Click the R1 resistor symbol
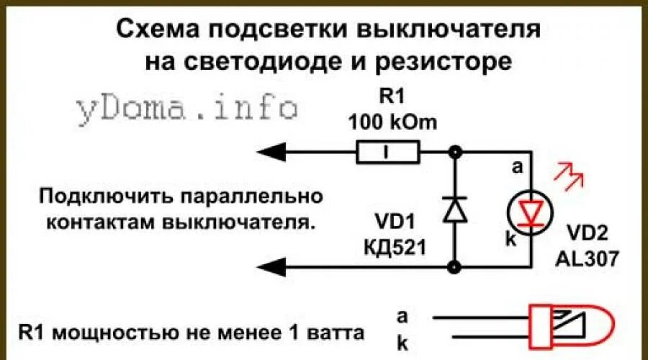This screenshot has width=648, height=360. click(388, 152)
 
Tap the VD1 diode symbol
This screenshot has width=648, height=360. click(454, 210)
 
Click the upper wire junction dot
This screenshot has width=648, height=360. click(454, 152)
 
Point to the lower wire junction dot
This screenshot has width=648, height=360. click(454, 267)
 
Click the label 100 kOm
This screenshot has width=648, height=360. click(392, 122)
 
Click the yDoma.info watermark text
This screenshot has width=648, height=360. click(186, 107)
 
